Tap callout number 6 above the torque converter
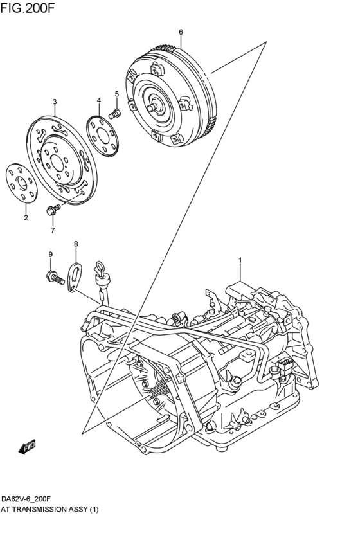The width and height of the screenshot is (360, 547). coord(181,31)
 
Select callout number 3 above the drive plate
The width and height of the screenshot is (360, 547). coord(55,102)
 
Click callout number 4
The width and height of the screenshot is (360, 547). coord(99,100)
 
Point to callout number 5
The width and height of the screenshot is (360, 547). coord(117,94)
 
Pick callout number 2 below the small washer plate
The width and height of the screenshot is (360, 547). coord(26,218)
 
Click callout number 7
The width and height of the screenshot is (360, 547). coord(53,229)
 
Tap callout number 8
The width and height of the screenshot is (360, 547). coord(76,244)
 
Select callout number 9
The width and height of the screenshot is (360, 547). coord(50,255)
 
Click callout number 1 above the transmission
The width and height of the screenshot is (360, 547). coord(240,260)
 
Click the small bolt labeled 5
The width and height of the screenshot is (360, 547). coord(116,114)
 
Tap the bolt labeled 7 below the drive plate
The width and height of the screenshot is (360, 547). coord(53,209)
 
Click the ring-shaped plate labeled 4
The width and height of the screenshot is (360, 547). coord(104,135)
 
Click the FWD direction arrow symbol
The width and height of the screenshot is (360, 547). coord(27,446)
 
